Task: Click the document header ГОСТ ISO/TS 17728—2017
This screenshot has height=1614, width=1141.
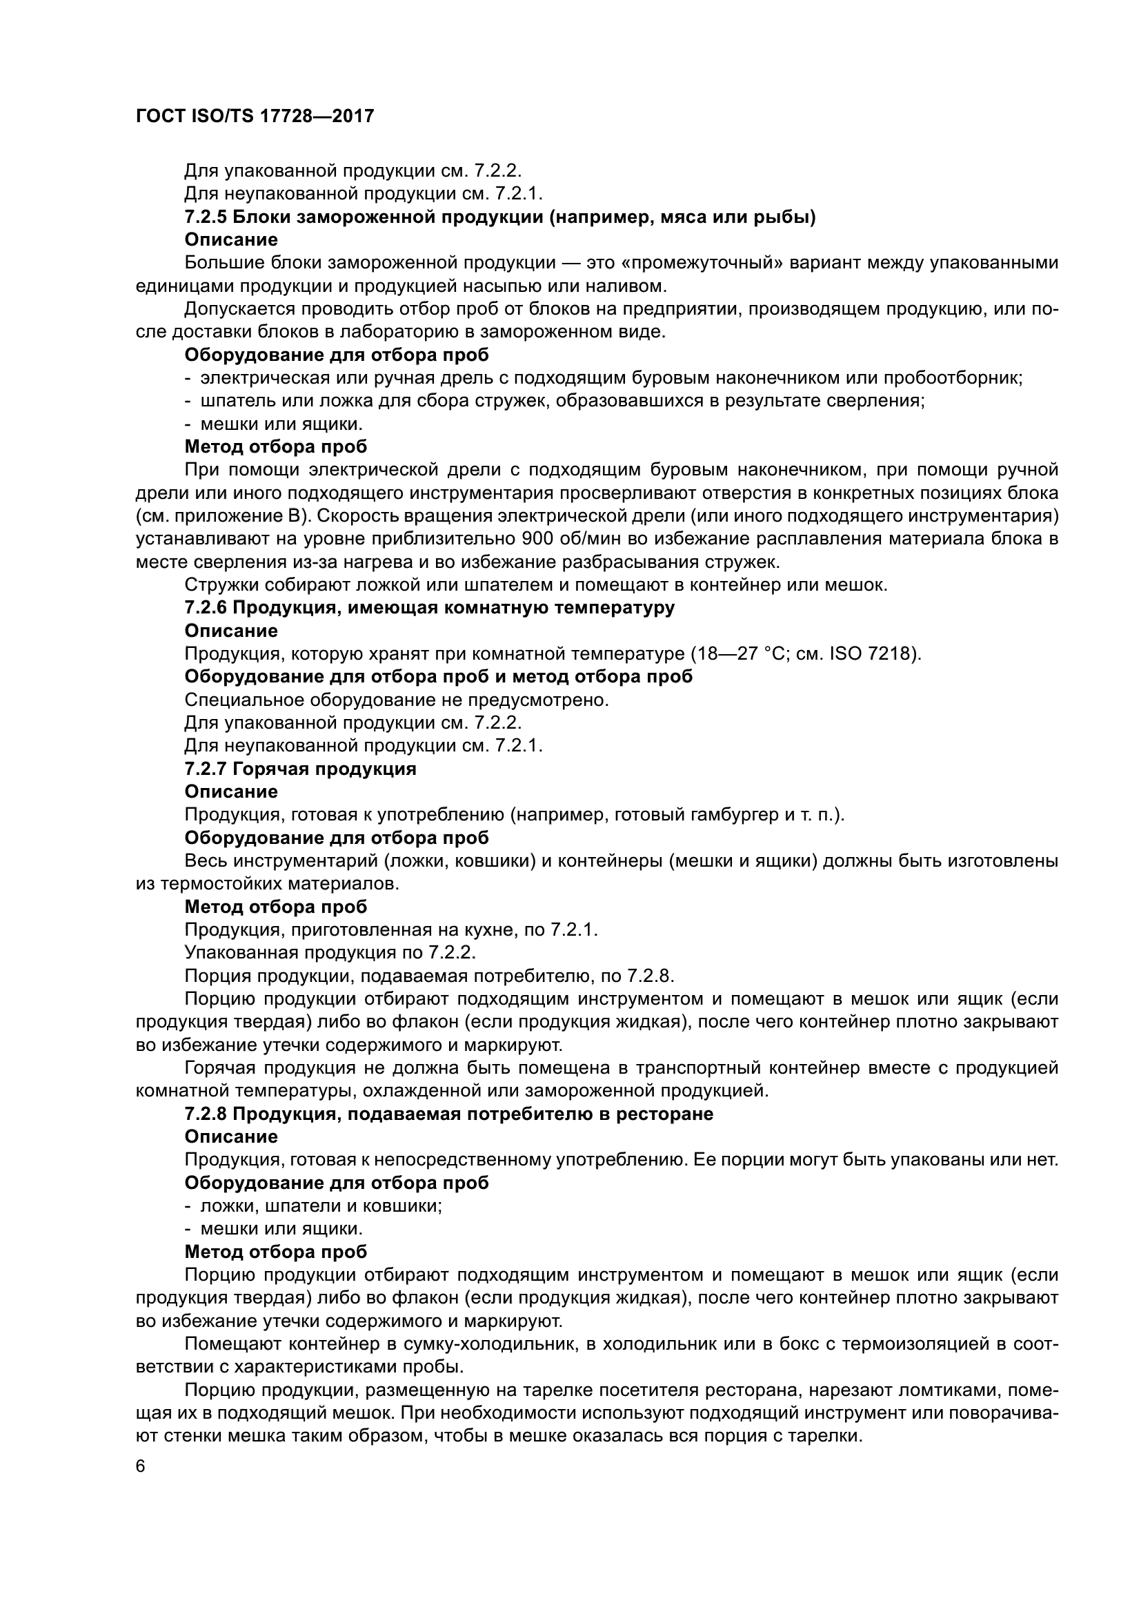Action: tap(255, 116)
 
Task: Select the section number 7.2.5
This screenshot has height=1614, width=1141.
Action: tap(205, 217)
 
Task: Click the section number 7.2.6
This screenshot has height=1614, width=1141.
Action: tap(205, 607)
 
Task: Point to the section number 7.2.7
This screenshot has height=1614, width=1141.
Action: tap(205, 768)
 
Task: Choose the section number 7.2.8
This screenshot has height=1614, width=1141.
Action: tap(205, 1114)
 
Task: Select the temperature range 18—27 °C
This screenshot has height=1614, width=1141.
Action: tap(740, 653)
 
